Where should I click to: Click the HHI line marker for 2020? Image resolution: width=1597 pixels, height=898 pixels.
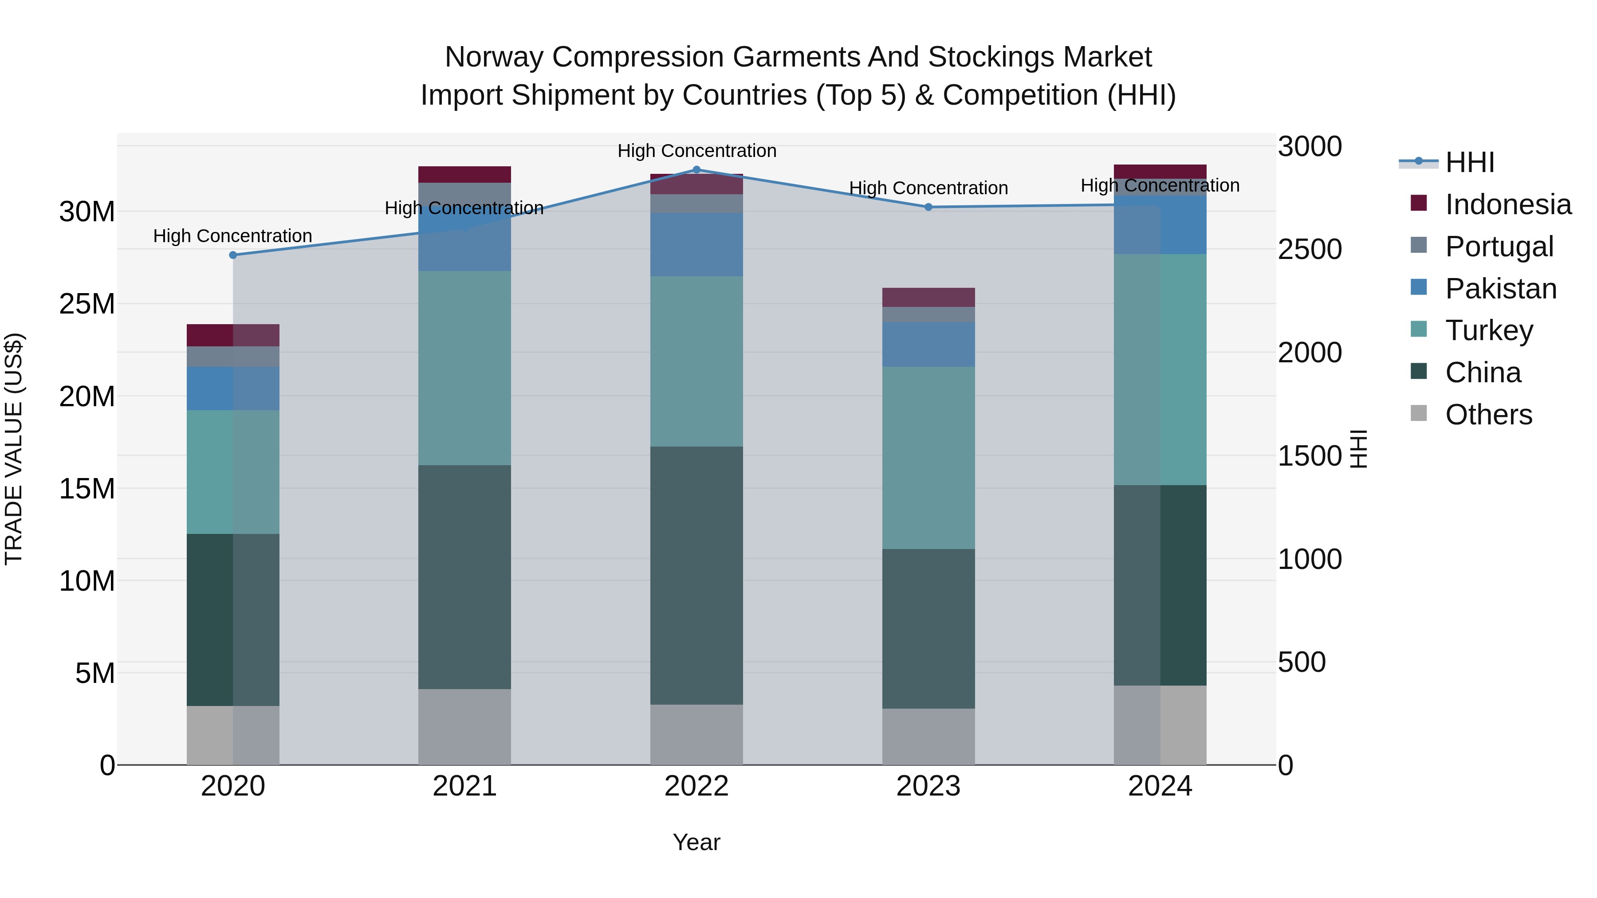(x=233, y=255)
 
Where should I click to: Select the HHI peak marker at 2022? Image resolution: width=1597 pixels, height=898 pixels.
(x=696, y=170)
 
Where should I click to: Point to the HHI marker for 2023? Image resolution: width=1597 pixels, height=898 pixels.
(x=928, y=207)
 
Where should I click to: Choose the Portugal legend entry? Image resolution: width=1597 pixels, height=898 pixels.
(x=1499, y=247)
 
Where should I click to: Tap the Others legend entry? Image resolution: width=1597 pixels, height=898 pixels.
(x=1488, y=415)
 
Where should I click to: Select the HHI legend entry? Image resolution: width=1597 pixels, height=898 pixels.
(x=1469, y=162)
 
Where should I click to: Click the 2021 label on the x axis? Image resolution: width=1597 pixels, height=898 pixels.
(x=464, y=786)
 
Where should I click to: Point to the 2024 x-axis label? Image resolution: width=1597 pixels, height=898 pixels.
(x=1160, y=786)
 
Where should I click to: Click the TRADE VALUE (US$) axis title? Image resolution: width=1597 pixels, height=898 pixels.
(x=14, y=449)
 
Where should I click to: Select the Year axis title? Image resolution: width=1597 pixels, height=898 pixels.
(x=696, y=842)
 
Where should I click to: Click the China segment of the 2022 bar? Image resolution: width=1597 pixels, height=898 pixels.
(x=696, y=575)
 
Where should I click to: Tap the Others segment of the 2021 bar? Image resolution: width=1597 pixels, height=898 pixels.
(x=464, y=726)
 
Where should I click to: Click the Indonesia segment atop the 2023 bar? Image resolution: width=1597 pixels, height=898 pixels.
(x=928, y=298)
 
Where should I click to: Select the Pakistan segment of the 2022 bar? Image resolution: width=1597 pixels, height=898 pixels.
(x=696, y=244)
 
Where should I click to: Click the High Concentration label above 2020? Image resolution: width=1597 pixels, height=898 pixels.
(x=232, y=236)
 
